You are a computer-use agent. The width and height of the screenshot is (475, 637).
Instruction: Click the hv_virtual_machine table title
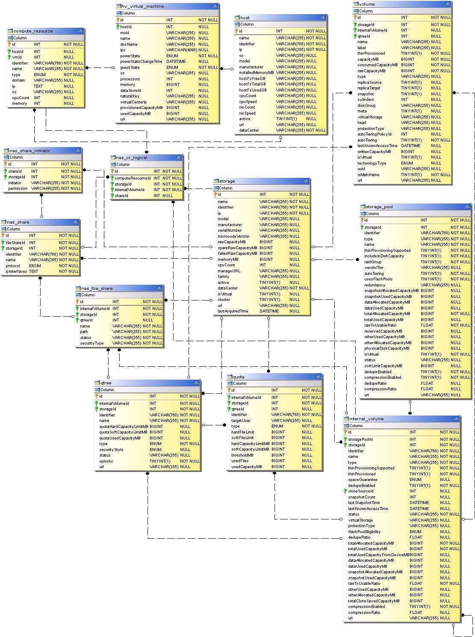142,6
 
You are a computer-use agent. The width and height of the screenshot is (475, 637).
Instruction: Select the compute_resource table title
33,31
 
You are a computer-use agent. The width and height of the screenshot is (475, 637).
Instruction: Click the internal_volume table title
366,419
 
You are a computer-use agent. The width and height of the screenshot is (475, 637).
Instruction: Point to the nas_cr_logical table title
131,158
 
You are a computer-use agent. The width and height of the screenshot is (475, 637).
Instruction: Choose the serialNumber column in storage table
230,230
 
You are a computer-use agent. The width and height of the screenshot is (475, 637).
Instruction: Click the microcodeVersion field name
233,236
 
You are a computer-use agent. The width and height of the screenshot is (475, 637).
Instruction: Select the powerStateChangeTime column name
141,62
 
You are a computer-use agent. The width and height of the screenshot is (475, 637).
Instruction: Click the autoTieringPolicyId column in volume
375,134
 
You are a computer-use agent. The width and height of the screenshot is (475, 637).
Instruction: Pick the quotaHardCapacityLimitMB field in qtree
124,427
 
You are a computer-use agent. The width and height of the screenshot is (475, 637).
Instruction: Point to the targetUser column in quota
241,421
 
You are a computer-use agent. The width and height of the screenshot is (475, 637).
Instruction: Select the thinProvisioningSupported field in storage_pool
387,251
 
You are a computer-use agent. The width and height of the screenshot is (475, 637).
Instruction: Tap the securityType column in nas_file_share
91,343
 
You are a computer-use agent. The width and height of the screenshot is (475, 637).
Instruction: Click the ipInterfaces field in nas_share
16,271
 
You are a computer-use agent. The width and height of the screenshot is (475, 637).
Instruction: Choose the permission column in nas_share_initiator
18,189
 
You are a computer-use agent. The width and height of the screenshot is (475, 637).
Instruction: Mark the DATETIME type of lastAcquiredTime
269,311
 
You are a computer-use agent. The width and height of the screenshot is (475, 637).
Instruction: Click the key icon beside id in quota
229,390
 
